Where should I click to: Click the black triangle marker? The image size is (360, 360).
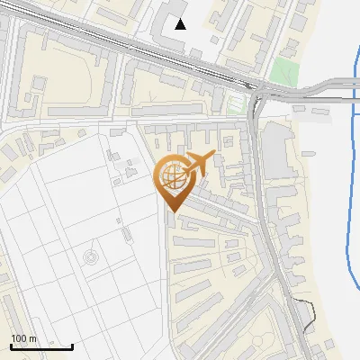[x=181, y=24]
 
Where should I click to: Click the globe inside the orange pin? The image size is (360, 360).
[x=172, y=177]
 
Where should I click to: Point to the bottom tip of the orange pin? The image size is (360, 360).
[x=173, y=212]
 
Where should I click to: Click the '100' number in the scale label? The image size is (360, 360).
[x=17, y=338]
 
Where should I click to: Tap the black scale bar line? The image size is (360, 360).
[x=41, y=346]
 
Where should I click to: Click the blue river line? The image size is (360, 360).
[x=349, y=180]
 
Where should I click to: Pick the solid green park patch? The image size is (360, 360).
[x=285, y=70]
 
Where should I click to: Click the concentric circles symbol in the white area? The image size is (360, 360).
[x=91, y=259]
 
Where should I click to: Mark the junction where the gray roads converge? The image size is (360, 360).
[x=258, y=90]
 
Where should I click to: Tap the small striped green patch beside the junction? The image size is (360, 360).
[x=236, y=103]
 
